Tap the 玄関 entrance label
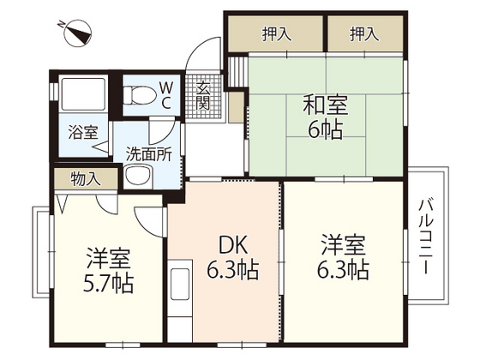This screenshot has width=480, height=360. pyautogui.click(x=204, y=95)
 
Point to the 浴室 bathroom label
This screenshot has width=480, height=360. pyautogui.click(x=82, y=133)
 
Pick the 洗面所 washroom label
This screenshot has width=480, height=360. pyautogui.click(x=148, y=156)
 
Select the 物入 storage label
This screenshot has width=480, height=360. pyautogui.click(x=84, y=179)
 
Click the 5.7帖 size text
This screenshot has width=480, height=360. pyautogui.click(x=108, y=284)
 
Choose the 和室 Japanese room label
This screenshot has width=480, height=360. pyautogui.click(x=325, y=107)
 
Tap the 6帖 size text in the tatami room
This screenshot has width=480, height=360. pyautogui.click(x=326, y=134)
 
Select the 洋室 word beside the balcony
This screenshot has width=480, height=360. pyautogui.click(x=345, y=243)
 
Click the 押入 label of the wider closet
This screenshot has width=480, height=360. pyautogui.click(x=275, y=35)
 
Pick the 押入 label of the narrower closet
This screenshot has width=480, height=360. pyautogui.click(x=363, y=35)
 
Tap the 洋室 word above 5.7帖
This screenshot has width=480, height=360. pyautogui.click(x=108, y=257)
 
